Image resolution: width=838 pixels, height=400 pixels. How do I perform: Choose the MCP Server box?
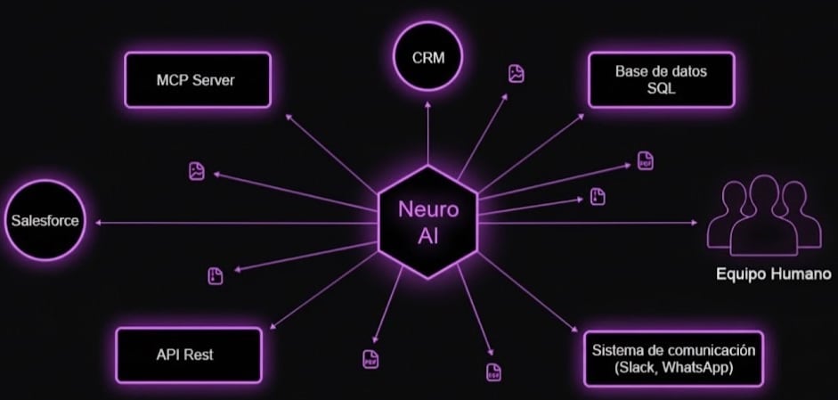[196, 80]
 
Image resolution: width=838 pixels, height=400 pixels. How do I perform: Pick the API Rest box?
[189, 355]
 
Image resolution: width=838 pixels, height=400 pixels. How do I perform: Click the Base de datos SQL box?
[661, 80]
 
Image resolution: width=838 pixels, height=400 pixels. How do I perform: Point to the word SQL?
[661, 89]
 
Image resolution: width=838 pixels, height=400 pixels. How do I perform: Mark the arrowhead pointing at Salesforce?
[99, 222]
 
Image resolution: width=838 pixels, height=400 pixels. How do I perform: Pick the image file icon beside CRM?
[516, 74]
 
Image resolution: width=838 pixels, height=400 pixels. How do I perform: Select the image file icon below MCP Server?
[197, 170]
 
